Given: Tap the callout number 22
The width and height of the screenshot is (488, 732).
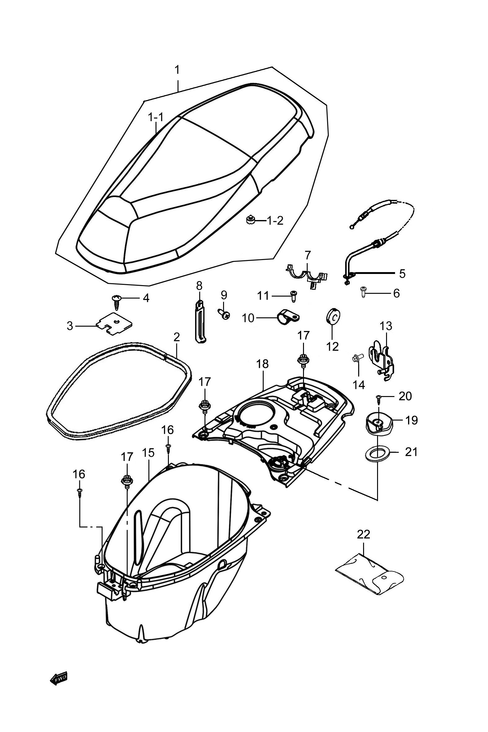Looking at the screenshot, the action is pos(363,534).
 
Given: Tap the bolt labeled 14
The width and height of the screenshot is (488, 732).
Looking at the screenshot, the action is pos(357,359).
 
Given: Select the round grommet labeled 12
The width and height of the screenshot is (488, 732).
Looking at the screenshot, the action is pos(332,317).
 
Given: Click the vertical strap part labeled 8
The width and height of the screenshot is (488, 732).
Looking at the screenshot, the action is pos(200,321).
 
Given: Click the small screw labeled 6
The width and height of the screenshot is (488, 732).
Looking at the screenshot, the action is pos(363,292).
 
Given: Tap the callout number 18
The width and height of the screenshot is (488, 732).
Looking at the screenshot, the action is pos(262,364).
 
